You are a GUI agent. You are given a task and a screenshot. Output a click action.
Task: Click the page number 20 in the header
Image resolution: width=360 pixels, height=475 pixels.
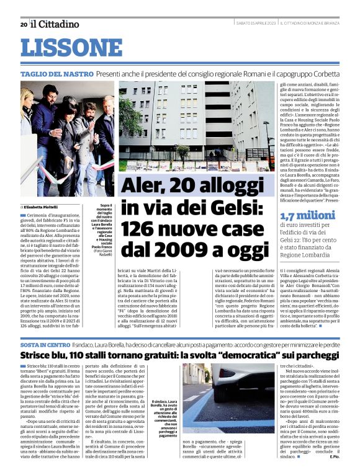23,24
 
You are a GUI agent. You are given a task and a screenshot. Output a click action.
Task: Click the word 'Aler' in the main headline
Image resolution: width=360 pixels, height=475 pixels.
144,186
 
